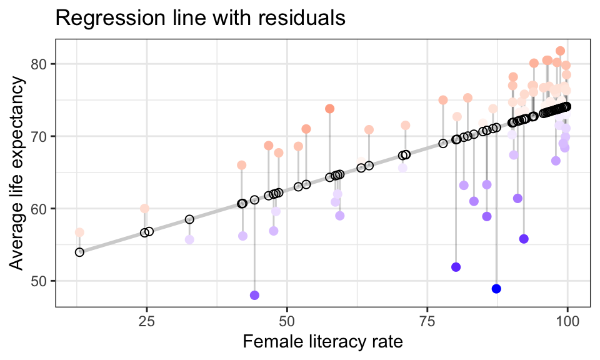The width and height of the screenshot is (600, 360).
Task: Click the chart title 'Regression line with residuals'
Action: pyautogui.click(x=200, y=18)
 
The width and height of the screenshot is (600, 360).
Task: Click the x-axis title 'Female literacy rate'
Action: pyautogui.click(x=322, y=342)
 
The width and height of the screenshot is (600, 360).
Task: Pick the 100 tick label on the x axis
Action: pyautogui.click(x=567, y=319)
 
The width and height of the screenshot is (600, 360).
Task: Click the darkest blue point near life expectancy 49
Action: pyautogui.click(x=496, y=289)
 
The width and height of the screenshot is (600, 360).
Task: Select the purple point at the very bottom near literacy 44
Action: pyautogui.click(x=254, y=295)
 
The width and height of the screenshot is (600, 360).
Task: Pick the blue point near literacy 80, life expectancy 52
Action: pyautogui.click(x=456, y=267)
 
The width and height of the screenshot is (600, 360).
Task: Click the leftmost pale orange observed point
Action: pyautogui.click(x=79, y=232)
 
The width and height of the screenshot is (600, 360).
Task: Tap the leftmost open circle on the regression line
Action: pyautogui.click(x=79, y=252)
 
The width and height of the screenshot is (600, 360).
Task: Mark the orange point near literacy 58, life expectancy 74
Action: pyautogui.click(x=330, y=109)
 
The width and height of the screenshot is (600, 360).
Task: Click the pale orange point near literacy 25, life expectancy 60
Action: pyautogui.click(x=144, y=209)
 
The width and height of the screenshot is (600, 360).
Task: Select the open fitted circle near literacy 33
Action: pyautogui.click(x=189, y=219)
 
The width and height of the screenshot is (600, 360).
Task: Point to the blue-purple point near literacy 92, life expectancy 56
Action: pyautogui.click(x=524, y=239)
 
